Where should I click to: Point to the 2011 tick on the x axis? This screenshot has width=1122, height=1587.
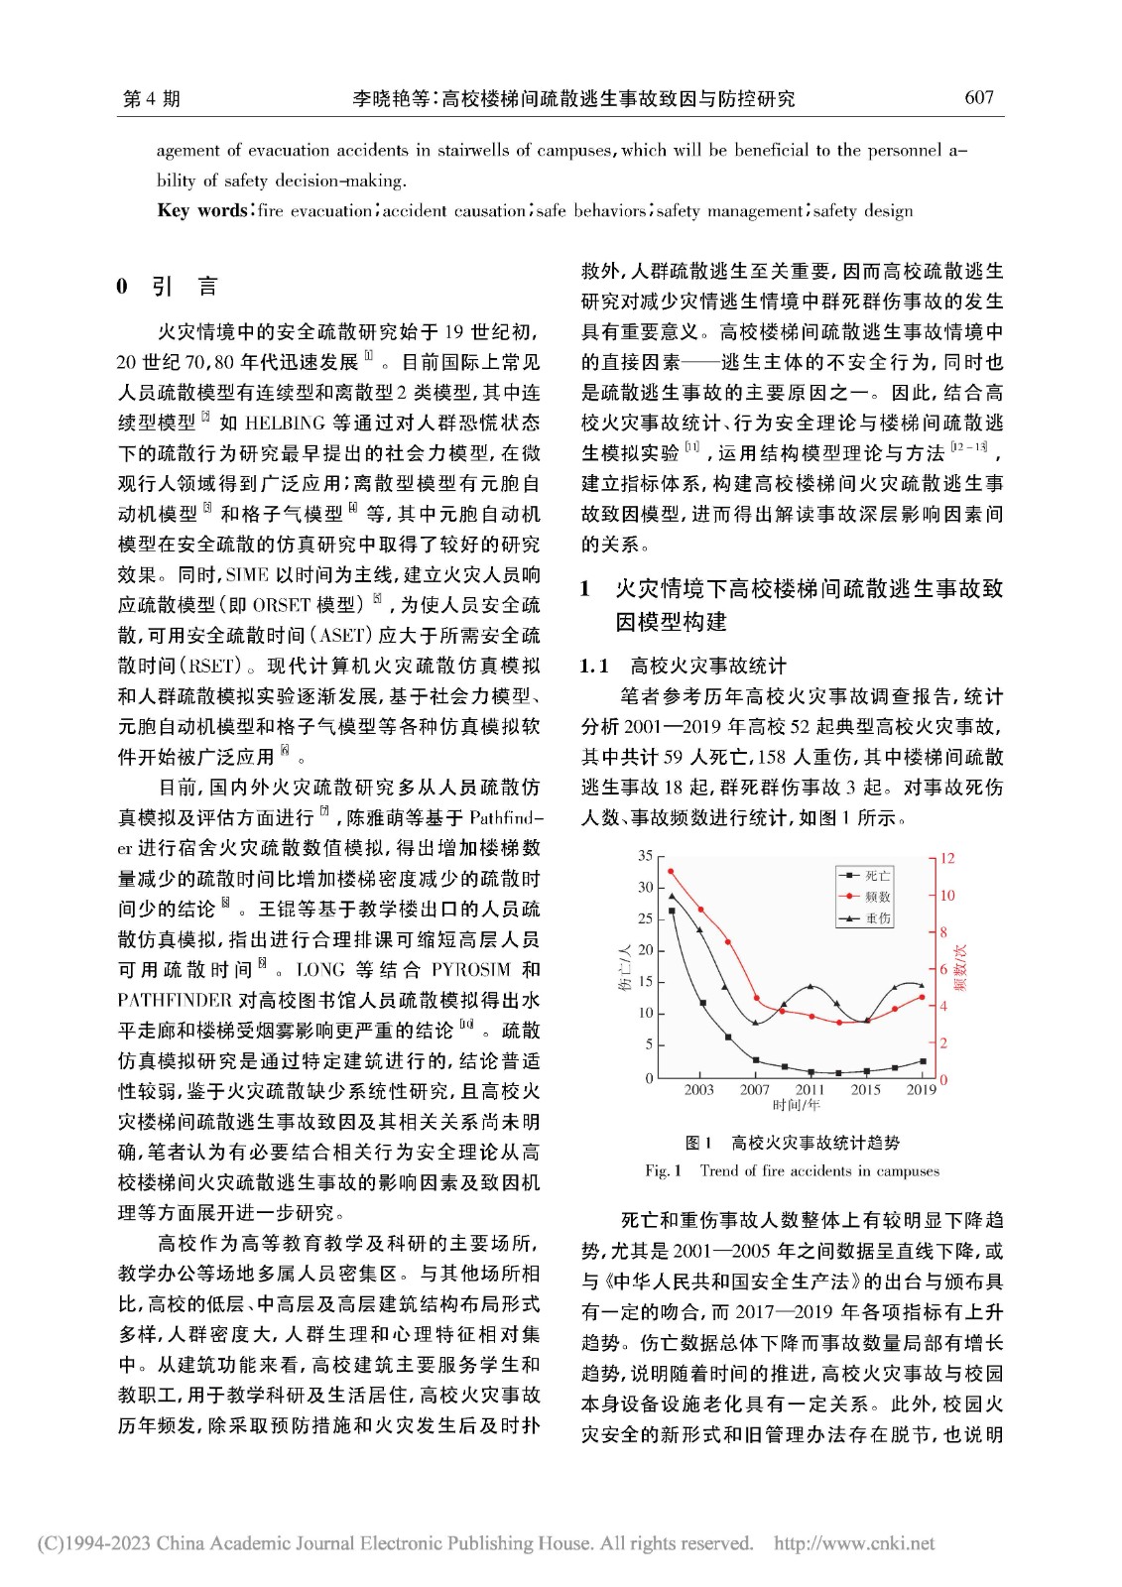[x=810, y=1089]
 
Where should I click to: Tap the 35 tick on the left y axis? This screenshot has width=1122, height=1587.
[x=645, y=855]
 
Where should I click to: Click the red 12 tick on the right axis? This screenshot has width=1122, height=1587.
[x=947, y=858]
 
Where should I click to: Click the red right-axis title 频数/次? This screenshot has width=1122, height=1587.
[x=961, y=967]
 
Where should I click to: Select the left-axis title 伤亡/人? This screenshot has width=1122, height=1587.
[x=624, y=968]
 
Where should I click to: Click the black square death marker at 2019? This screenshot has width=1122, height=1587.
[x=923, y=1061]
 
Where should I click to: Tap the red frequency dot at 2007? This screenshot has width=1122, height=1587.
[x=756, y=998]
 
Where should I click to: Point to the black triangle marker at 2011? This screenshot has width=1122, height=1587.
[x=810, y=987]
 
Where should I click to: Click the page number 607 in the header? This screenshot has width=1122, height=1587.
[x=978, y=97]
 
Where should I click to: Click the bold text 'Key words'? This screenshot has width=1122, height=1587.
[x=202, y=210]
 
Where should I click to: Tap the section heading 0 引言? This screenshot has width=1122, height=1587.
[x=167, y=287]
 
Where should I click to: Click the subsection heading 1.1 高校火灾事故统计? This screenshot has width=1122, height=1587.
[x=683, y=666]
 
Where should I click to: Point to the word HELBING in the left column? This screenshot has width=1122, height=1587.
[x=284, y=423]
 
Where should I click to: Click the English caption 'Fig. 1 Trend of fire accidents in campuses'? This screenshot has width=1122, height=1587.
[x=792, y=1170]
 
